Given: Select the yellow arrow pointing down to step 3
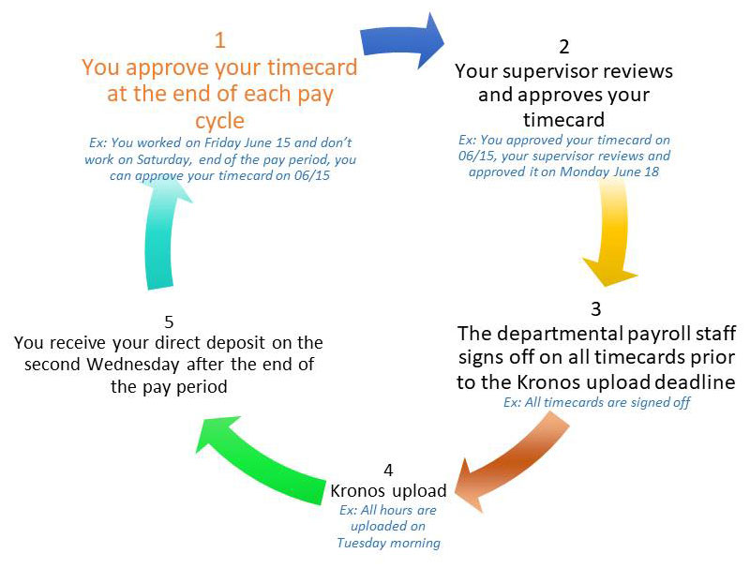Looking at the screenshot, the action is pos(611,234).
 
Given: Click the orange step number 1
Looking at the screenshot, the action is pos(220,40).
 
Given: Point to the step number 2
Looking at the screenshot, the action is pos(564,47).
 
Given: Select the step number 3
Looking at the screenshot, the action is pos(596,309).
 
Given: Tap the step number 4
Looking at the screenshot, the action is pos(388,470).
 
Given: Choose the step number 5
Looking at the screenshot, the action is pos(169,321).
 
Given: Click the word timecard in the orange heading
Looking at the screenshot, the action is pos(312,67).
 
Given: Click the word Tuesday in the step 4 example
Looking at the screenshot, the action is pos(354,543).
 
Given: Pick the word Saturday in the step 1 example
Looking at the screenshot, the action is pos(163,159).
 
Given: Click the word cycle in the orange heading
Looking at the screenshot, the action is pos(220,121).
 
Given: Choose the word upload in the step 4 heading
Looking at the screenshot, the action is pos(419,491).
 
